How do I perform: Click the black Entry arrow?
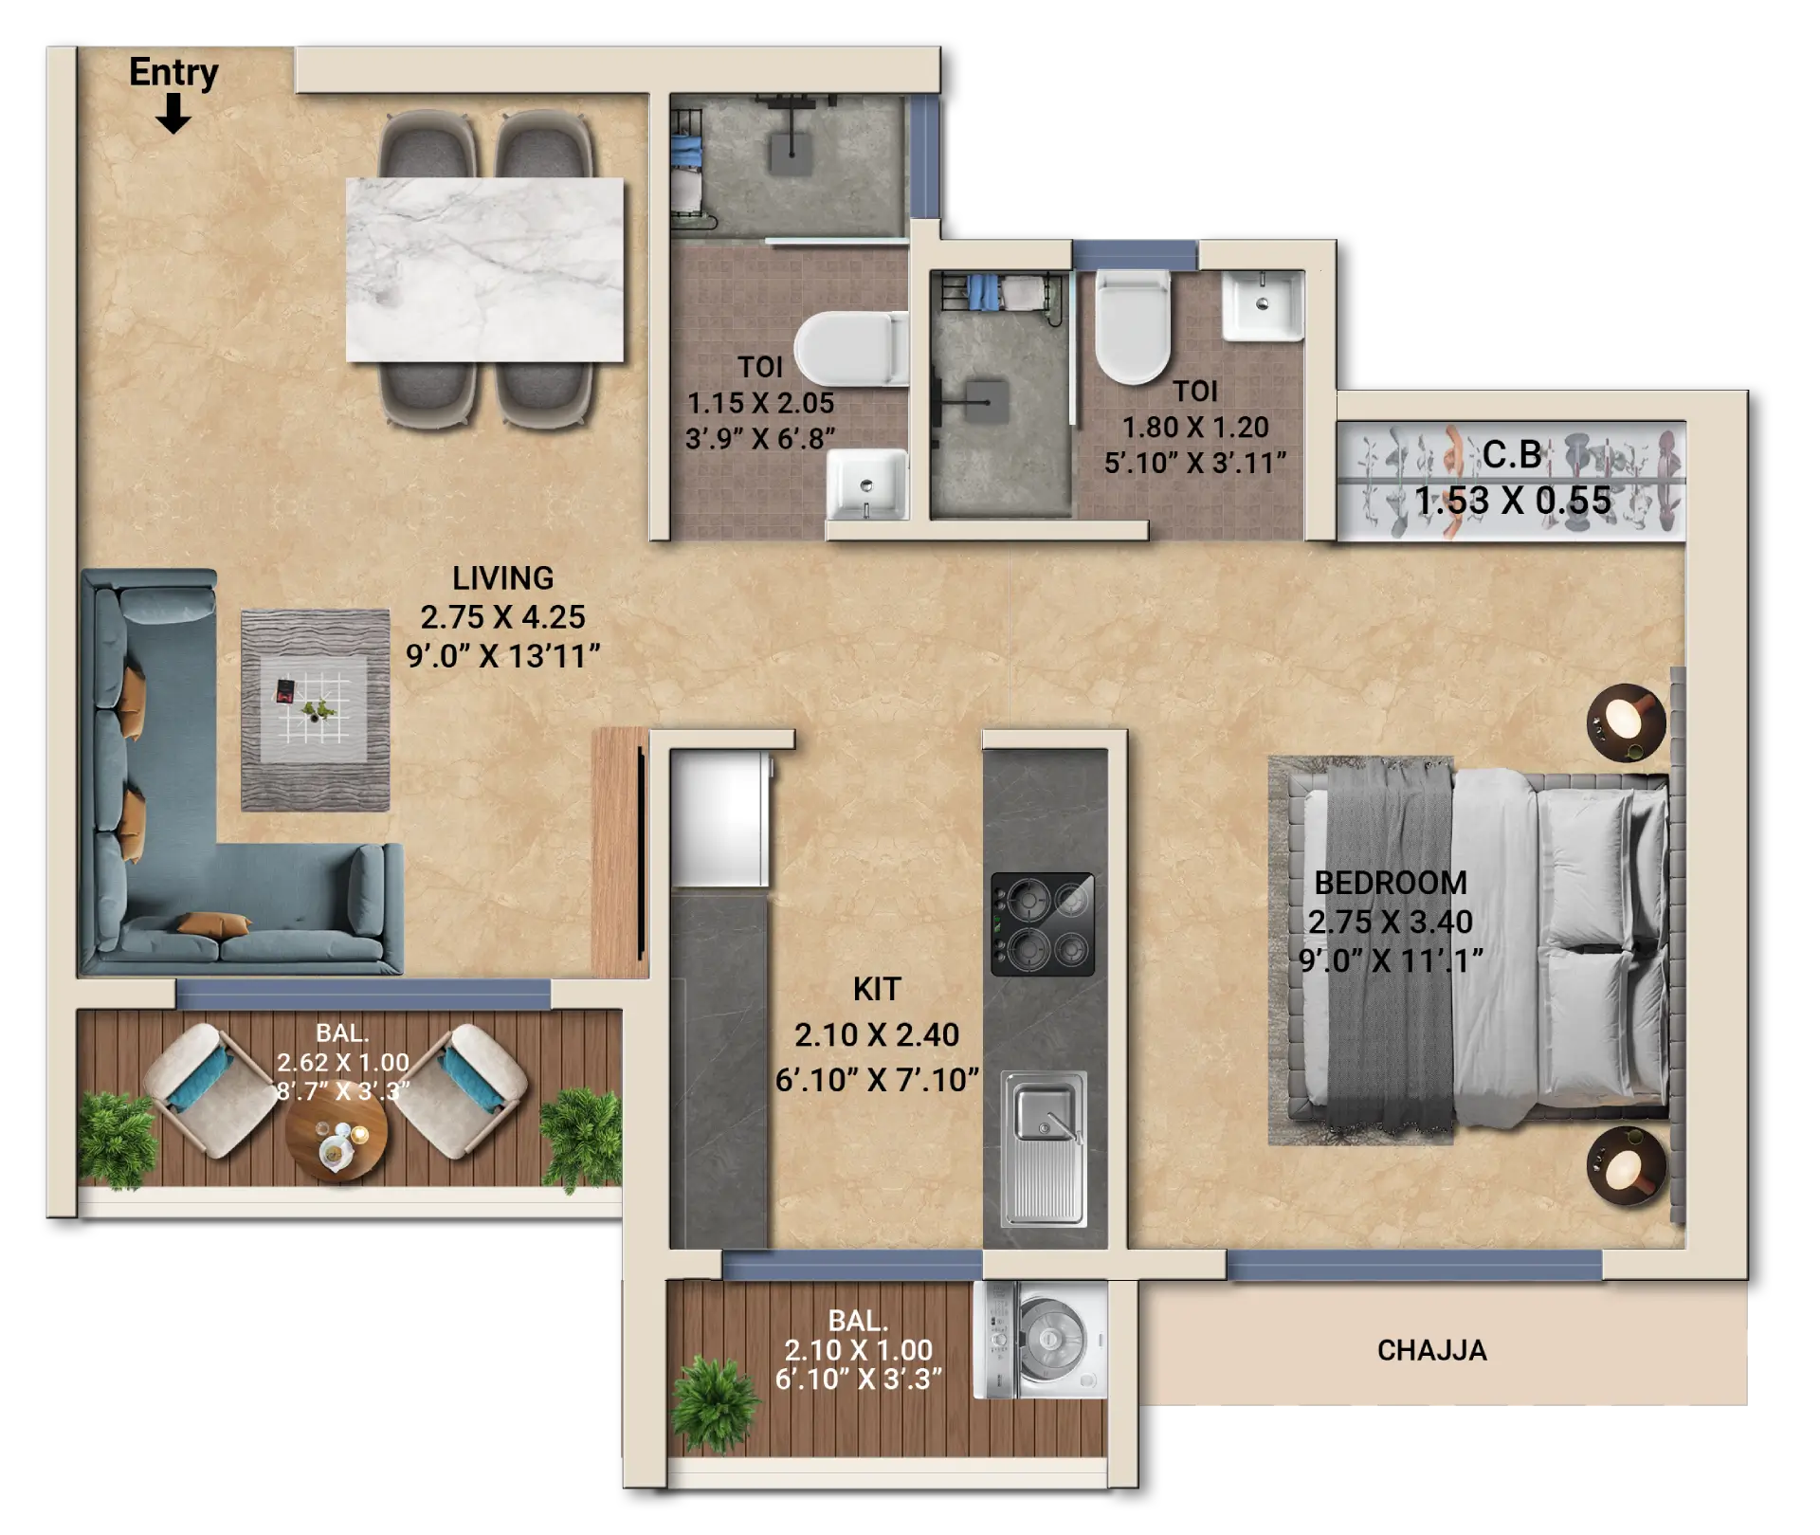[173, 115]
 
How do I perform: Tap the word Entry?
[173, 73]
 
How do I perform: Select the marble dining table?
[484, 269]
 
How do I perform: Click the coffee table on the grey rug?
[314, 710]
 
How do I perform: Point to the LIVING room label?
[502, 577]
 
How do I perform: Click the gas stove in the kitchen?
[1043, 924]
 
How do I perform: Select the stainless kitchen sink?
[1045, 1148]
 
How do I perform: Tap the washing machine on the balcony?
[1041, 1340]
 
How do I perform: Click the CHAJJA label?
[1431, 1350]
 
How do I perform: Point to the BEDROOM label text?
[1391, 883]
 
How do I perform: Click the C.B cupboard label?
[1512, 455]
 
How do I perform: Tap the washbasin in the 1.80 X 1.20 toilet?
[1263, 305]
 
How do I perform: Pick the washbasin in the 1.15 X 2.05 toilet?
[866, 484]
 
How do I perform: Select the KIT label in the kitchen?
[876, 989]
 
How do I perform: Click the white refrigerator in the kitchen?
[719, 818]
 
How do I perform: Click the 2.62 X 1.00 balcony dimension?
[343, 1062]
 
